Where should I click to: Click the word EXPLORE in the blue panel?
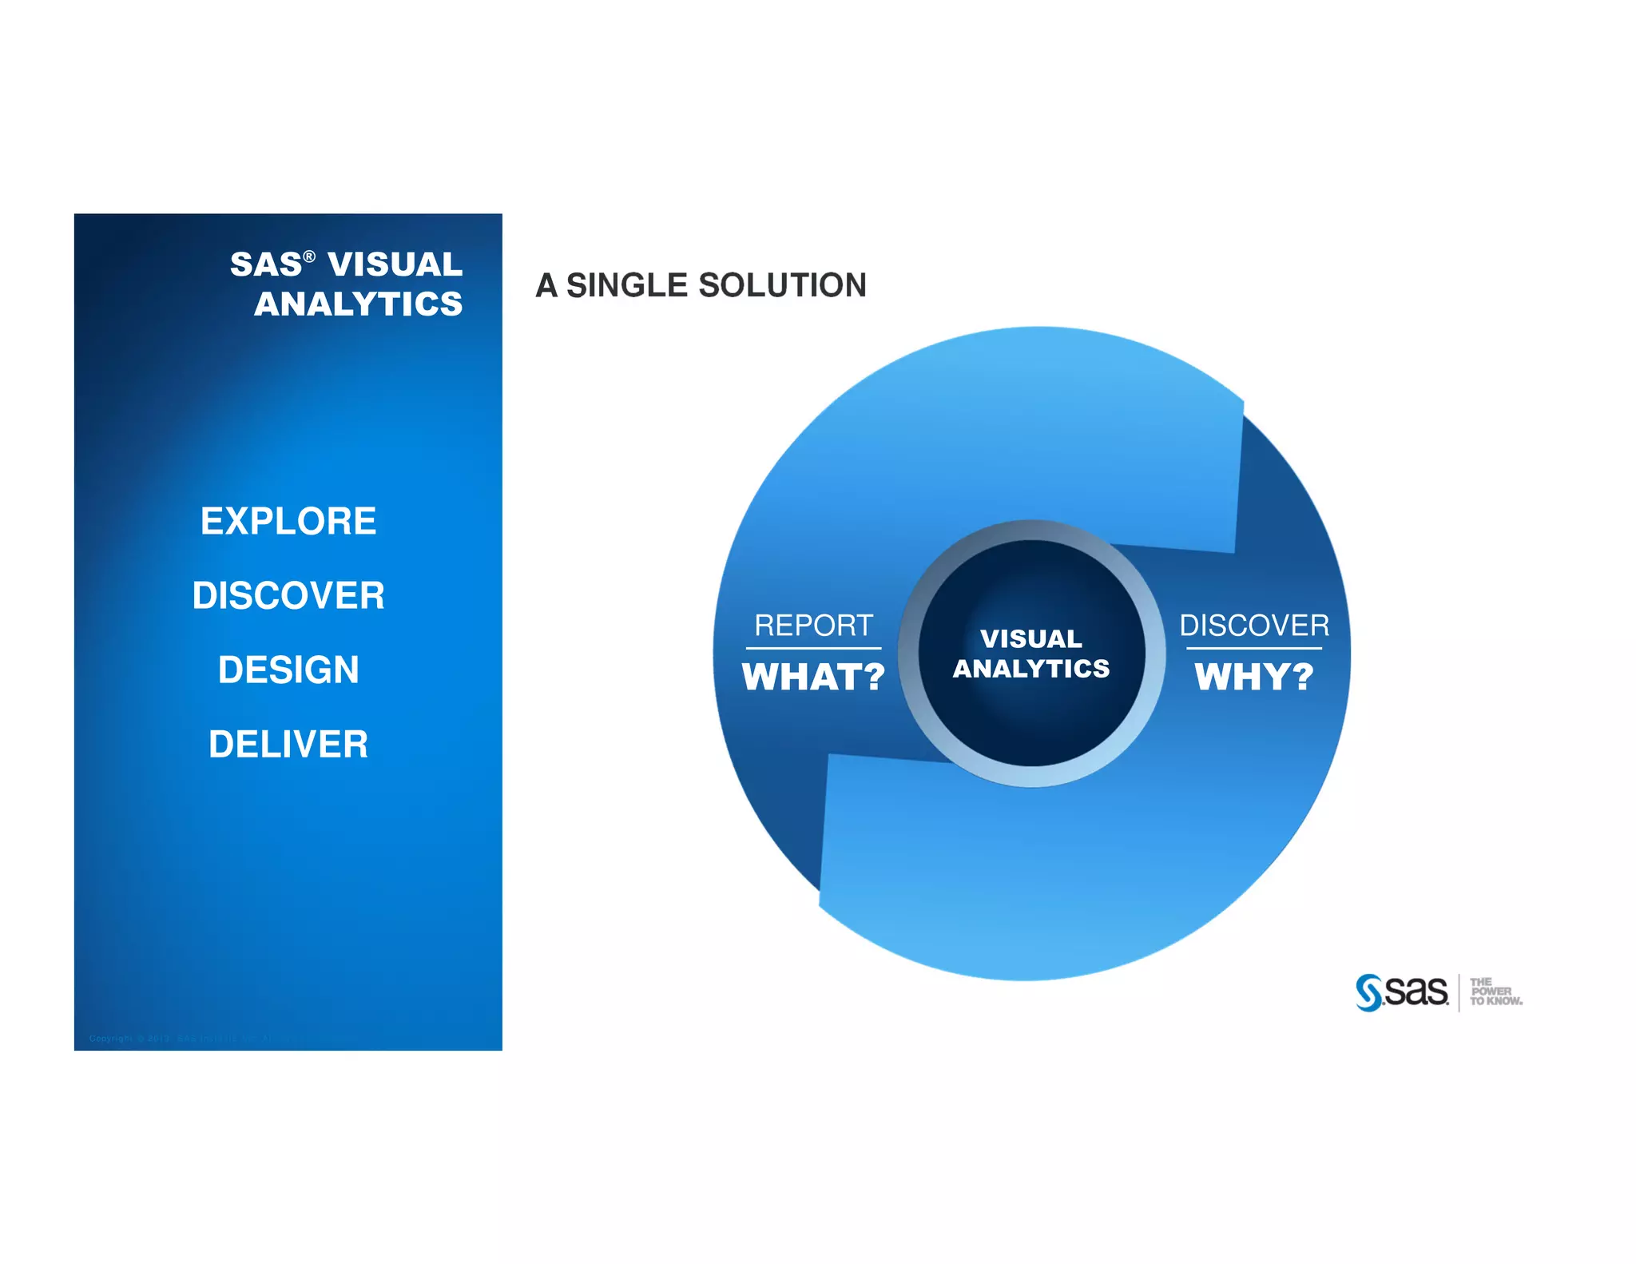288,521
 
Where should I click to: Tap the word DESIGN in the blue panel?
288,670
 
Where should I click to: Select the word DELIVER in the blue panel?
288,744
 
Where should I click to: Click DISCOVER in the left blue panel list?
288,595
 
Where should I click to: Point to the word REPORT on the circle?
813,625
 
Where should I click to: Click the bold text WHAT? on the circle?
813,677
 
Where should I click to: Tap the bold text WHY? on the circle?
1253,677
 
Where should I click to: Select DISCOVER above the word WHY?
1253,625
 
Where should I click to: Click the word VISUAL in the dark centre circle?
1030,638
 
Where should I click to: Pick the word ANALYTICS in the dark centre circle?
1030,668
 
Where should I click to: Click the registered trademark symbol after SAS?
309,256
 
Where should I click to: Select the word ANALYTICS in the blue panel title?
358,304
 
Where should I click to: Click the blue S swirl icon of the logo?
1368,992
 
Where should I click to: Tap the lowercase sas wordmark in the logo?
1416,992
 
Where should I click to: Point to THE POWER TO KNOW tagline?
1495,992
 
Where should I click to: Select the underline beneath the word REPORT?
813,648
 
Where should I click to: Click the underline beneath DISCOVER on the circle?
1253,648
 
